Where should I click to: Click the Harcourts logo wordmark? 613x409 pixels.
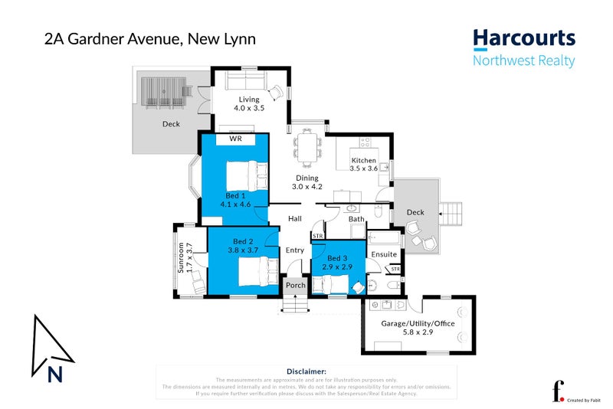tap(524, 38)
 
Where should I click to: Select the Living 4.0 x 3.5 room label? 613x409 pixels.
tap(249, 104)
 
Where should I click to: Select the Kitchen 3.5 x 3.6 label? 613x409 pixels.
tap(364, 165)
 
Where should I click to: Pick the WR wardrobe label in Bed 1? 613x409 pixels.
tap(235, 140)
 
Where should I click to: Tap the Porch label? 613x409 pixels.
tap(296, 286)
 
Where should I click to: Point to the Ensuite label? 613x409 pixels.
tap(384, 254)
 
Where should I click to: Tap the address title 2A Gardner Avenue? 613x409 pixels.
tap(150, 38)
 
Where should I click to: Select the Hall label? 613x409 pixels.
tap(295, 219)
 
